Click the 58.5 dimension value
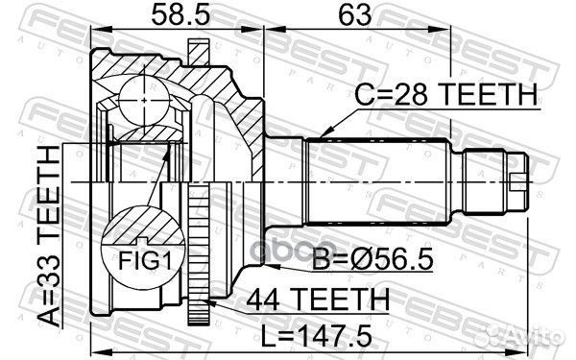180,15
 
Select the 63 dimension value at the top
354,15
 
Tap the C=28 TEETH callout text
445,94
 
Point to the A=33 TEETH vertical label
50,236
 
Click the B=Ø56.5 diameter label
372,259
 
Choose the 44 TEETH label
318,299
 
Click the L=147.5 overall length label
316,335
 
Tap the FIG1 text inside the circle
145,261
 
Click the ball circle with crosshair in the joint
144,100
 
